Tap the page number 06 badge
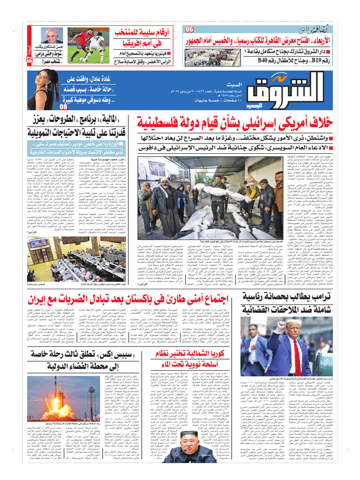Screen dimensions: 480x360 pyautogui.click(x=189, y=30)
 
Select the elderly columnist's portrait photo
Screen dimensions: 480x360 pyautogui.click(x=51, y=36)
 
